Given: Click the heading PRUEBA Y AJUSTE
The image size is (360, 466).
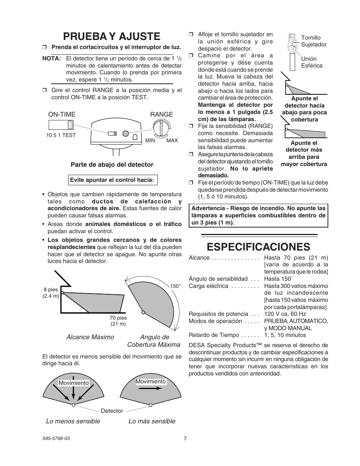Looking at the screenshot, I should point(112,36).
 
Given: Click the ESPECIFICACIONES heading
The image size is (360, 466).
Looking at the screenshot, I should point(258,246).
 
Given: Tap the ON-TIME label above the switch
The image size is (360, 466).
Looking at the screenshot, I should point(62,114).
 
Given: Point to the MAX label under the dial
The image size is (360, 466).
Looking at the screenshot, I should point(172,140).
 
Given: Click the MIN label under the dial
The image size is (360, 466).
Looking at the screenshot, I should point(150,140).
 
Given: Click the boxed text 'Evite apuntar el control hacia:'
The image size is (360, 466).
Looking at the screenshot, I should point(112,180).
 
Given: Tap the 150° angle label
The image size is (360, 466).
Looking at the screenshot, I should point(175,286).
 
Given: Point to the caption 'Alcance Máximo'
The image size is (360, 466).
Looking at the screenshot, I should point(90,337).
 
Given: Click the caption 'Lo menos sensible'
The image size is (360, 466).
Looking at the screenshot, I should point(73,421).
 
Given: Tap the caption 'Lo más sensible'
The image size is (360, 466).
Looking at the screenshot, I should point(152,421).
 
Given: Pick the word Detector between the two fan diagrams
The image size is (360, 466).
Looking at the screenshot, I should point(112,411).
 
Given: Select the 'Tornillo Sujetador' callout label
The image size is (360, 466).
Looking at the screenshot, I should point(314,41).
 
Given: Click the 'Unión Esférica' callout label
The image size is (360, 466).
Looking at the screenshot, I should point(312,62).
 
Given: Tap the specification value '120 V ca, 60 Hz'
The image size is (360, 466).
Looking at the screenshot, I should point(285,314).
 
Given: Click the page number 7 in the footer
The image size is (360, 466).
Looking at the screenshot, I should point(185,438).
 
